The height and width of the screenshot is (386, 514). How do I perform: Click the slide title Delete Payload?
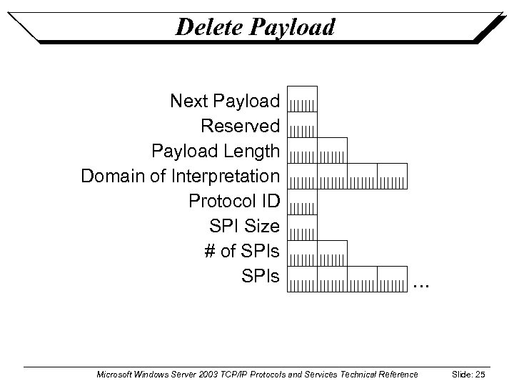coord(255,27)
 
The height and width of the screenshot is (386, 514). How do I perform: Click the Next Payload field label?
coord(225,101)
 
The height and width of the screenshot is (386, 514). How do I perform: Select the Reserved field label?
coord(240,127)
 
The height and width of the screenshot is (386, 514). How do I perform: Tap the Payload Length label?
coord(215,152)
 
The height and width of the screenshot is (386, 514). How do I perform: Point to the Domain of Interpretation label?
coord(180,176)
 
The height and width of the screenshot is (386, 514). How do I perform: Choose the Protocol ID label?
coord(234,201)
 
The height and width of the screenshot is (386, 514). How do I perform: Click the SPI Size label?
coord(244,227)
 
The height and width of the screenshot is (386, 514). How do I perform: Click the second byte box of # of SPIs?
coord(332,253)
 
